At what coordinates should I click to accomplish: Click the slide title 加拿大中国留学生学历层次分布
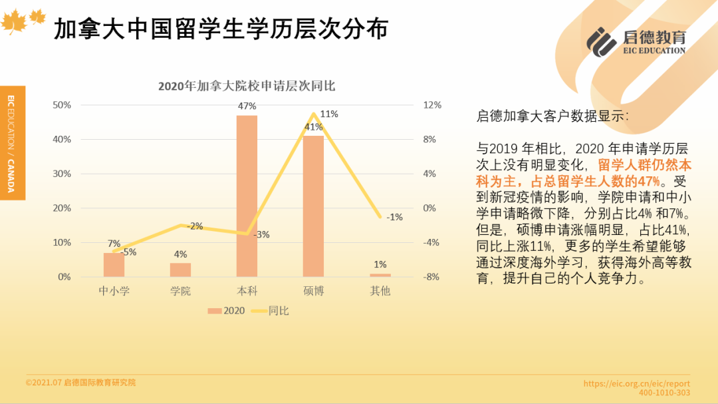tap(220, 29)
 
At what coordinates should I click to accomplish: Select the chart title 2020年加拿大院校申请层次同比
tap(247, 87)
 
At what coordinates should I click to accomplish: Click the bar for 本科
tap(247, 196)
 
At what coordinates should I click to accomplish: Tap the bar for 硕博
tap(313, 206)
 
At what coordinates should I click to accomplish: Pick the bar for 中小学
tap(114, 265)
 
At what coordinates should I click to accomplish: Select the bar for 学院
tap(180, 270)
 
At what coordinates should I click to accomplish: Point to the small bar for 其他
tap(380, 275)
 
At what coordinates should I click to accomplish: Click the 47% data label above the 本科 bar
tap(247, 106)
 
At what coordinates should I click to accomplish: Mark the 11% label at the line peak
tap(329, 114)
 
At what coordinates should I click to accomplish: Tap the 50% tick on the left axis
tap(62, 105)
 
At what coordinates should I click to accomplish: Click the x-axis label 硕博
tap(313, 291)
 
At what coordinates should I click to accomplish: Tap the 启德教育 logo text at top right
tap(655, 37)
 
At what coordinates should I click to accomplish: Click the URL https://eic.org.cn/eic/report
tap(636, 383)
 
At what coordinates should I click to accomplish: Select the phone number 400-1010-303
tap(664, 393)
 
